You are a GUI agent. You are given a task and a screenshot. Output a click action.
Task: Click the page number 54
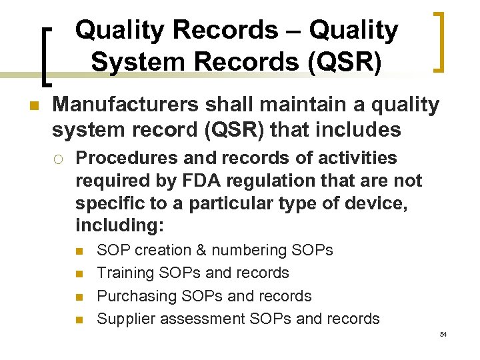click(443, 334)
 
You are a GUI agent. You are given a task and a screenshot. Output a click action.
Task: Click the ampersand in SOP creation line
click(200, 251)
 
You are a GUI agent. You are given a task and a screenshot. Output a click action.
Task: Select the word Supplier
click(124, 319)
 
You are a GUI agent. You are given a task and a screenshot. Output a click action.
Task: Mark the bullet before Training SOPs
click(79, 274)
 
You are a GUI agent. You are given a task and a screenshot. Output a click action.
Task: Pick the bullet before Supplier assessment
click(79, 319)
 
